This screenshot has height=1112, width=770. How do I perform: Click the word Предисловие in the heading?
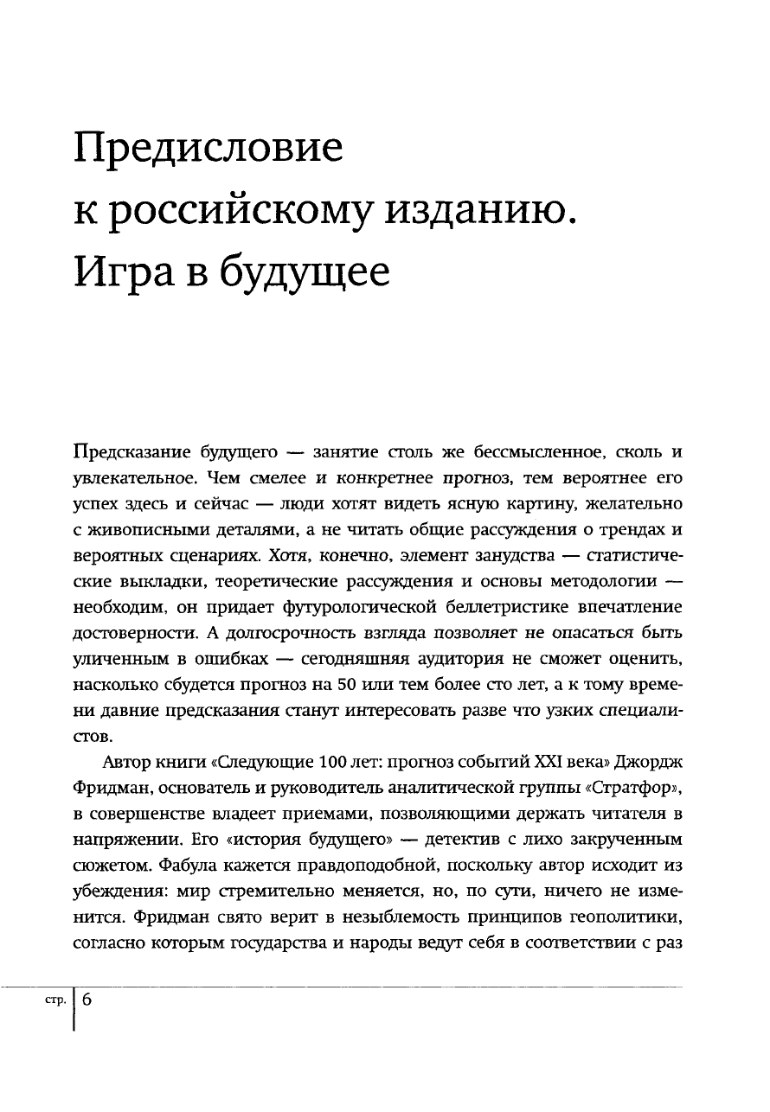[209, 151]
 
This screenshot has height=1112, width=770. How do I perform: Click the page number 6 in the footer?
[88, 998]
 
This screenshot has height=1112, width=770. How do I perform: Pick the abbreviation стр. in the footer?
[55, 999]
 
